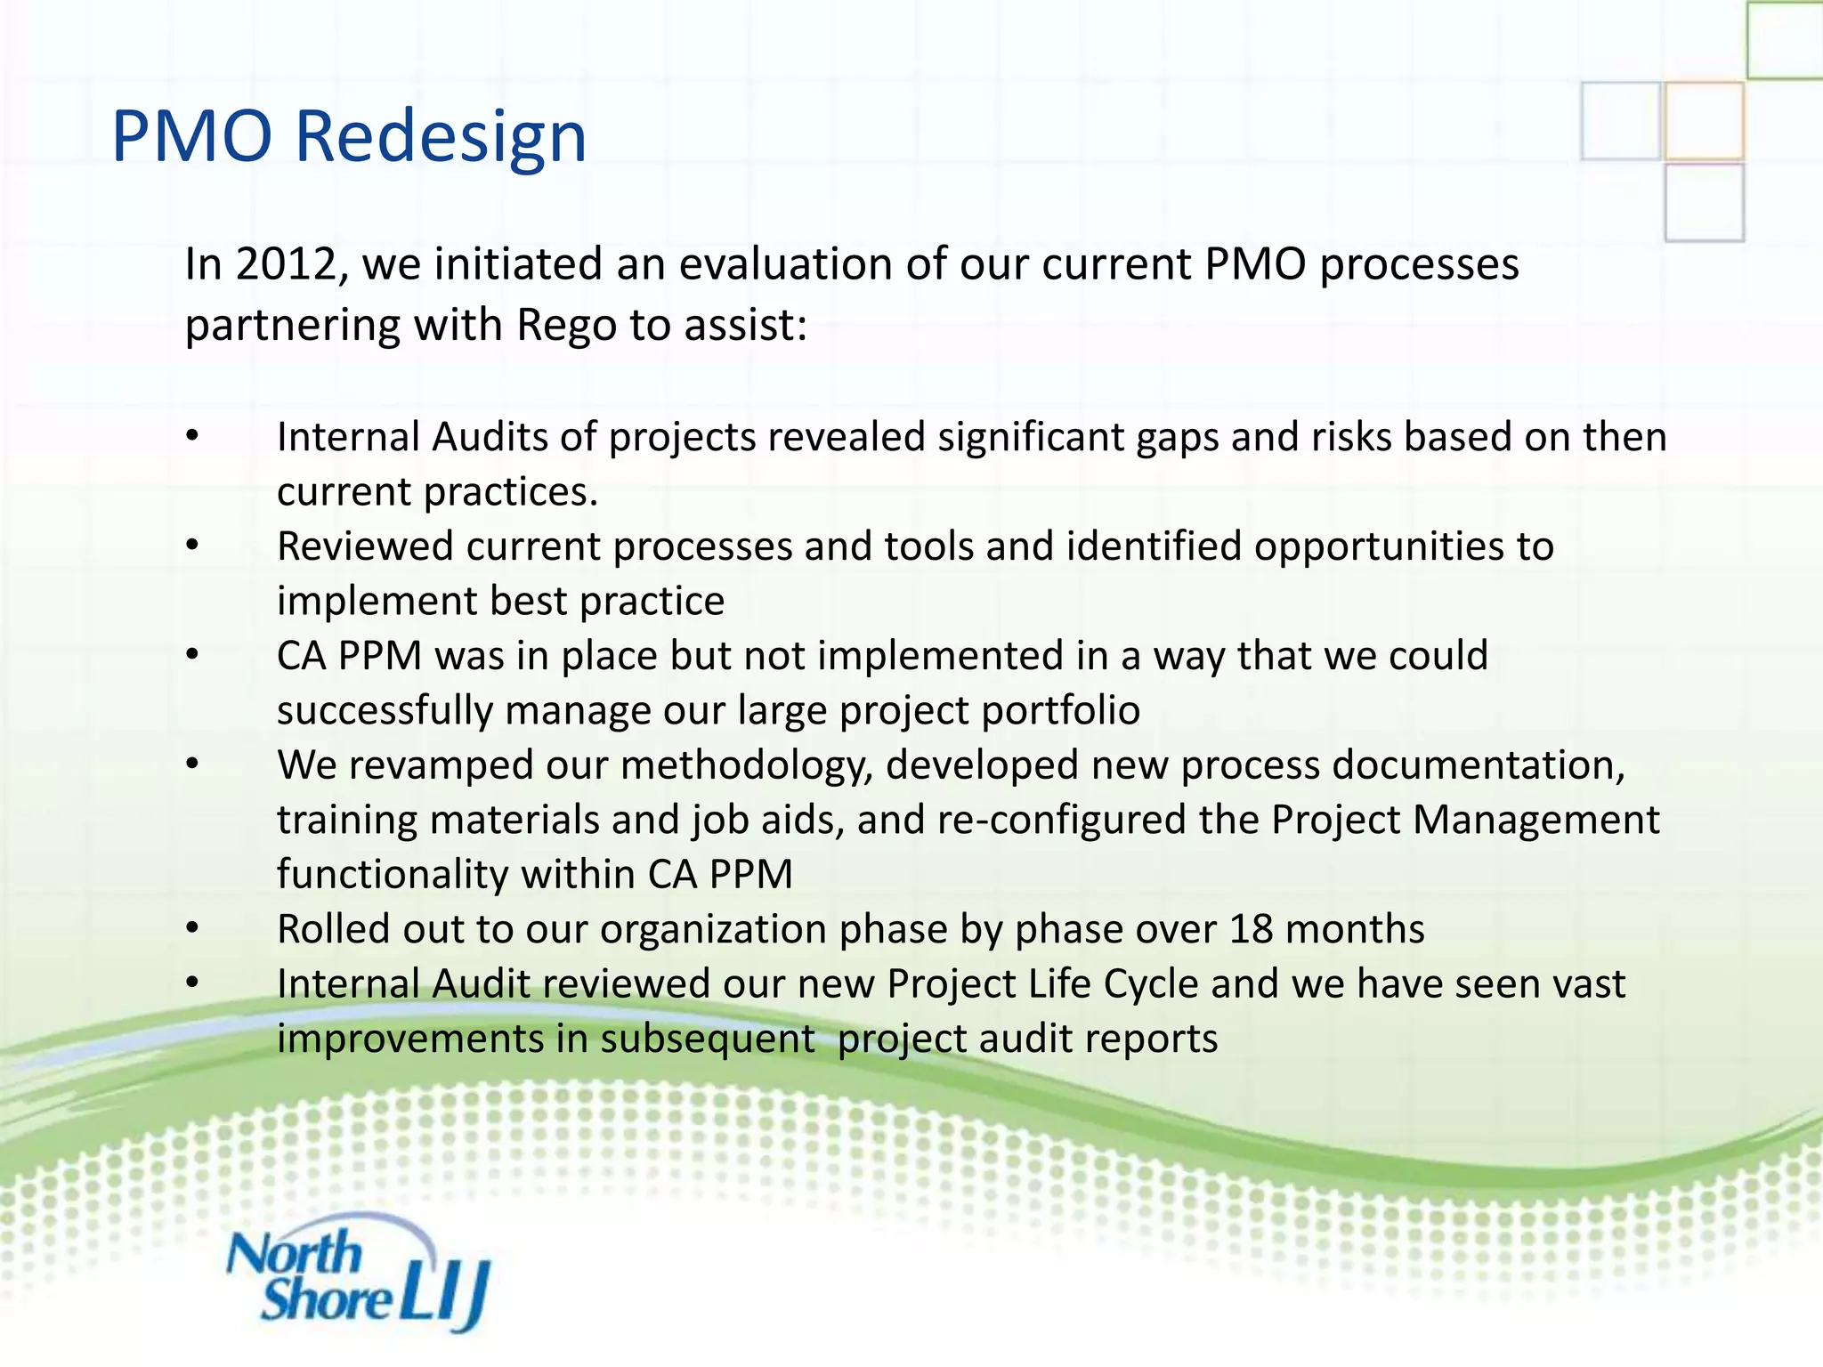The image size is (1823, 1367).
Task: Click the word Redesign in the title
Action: (440, 138)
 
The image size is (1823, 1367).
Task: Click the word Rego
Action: (566, 325)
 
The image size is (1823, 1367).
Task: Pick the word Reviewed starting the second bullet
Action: (365, 547)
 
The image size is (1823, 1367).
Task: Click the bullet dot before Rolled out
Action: (192, 929)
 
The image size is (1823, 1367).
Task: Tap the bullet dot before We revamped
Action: (192, 765)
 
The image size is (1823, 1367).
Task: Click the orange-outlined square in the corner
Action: (1703, 121)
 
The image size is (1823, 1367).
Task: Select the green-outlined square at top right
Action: (1784, 39)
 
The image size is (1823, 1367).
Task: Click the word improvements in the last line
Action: (409, 1039)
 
